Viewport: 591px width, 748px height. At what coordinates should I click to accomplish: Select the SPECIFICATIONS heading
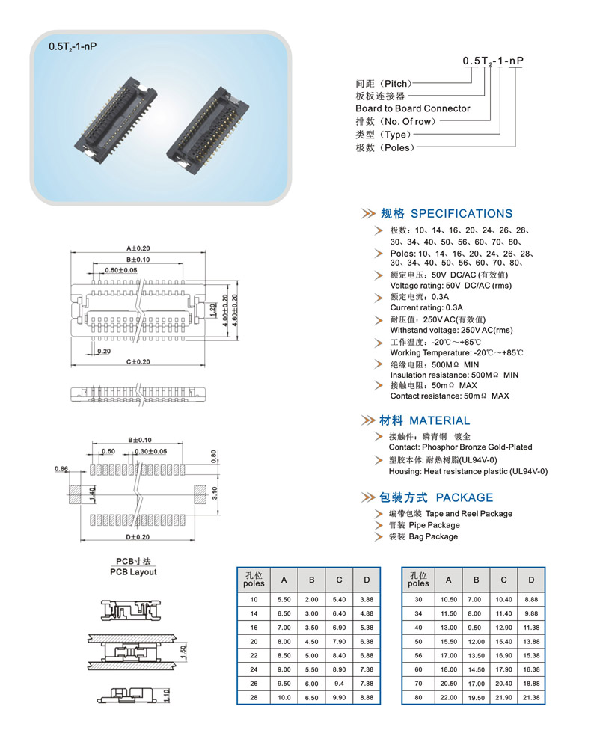pyautogui.click(x=462, y=213)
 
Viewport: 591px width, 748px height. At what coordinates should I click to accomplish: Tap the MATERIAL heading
pyautogui.click(x=439, y=420)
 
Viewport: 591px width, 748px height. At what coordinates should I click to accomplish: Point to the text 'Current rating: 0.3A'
pyautogui.click(x=426, y=307)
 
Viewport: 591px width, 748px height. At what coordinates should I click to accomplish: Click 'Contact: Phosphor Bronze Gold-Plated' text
pyautogui.click(x=460, y=447)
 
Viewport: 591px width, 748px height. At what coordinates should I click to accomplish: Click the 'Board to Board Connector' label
pyautogui.click(x=412, y=108)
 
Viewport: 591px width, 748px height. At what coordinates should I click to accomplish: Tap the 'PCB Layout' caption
pyautogui.click(x=133, y=572)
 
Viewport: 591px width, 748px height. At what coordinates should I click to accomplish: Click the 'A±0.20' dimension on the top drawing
pyautogui.click(x=138, y=248)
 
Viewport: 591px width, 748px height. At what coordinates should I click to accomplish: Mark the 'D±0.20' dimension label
pyautogui.click(x=138, y=537)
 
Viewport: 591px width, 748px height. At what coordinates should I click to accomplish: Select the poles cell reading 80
pyautogui.click(x=419, y=698)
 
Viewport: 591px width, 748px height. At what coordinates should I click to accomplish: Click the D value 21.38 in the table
pyautogui.click(x=531, y=698)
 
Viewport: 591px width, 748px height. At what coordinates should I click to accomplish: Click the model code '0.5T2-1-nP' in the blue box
pyautogui.click(x=73, y=46)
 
